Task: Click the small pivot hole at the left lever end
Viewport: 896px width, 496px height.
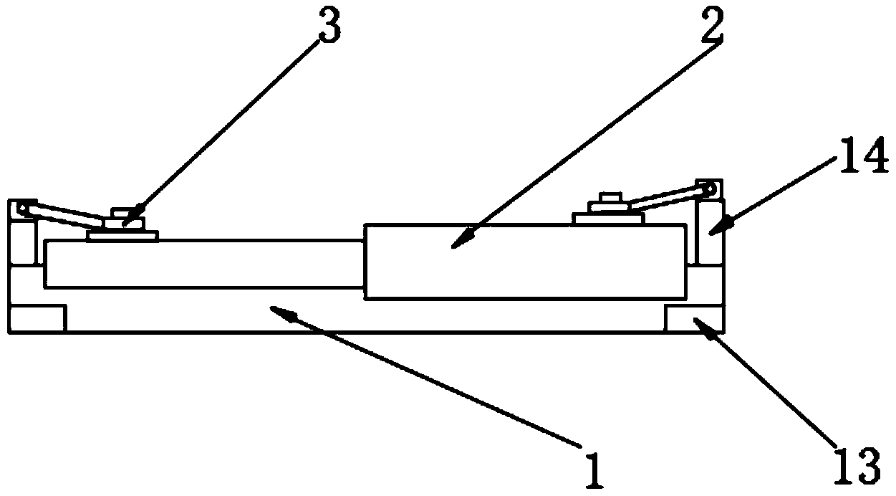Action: pyautogui.click(x=24, y=209)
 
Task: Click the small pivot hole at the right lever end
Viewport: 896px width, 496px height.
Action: pyautogui.click(x=710, y=191)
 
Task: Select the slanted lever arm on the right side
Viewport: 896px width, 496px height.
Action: pyautogui.click(x=666, y=198)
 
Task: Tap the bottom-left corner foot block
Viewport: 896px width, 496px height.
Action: pyautogui.click(x=37, y=318)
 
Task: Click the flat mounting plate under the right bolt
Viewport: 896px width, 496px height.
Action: pyautogui.click(x=610, y=218)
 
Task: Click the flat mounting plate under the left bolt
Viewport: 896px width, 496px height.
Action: pyautogui.click(x=122, y=235)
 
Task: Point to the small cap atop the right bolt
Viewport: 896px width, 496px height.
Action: pyautogui.click(x=610, y=197)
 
